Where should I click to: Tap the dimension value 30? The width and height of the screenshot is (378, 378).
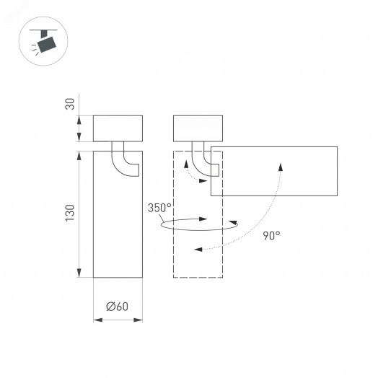tap(70, 104)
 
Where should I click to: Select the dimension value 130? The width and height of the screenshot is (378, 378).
tap(70, 213)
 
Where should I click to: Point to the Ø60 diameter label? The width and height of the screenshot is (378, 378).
tap(117, 306)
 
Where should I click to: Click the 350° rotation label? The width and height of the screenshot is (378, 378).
tap(159, 208)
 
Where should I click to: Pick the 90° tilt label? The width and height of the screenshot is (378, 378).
tap(271, 234)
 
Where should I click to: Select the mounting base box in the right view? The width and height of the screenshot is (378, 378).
tap(199, 128)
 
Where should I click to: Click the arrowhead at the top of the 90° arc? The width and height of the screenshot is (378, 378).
tap(279, 164)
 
